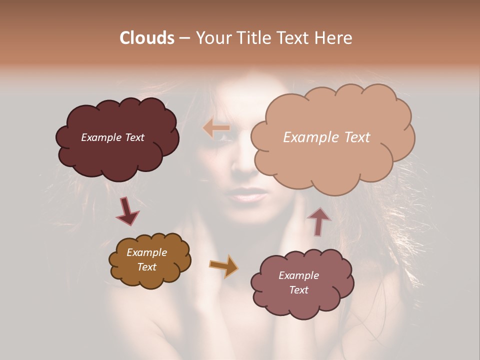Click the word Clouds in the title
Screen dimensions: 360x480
coord(147,38)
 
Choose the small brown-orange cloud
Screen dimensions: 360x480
coord(149,260)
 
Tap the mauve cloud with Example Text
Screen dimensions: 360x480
coord(302,283)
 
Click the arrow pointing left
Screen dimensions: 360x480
coord(216,128)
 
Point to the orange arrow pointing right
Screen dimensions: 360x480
coord(224,266)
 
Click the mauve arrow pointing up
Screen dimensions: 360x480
coord(318,221)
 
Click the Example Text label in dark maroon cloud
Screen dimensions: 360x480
coord(112,137)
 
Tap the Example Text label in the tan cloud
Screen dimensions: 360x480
coord(326,137)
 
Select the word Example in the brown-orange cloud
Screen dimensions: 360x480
coord(146,252)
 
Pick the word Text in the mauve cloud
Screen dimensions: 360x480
coord(298,290)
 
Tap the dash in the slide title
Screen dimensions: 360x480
coord(183,38)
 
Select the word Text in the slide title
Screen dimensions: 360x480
coord(293,38)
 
